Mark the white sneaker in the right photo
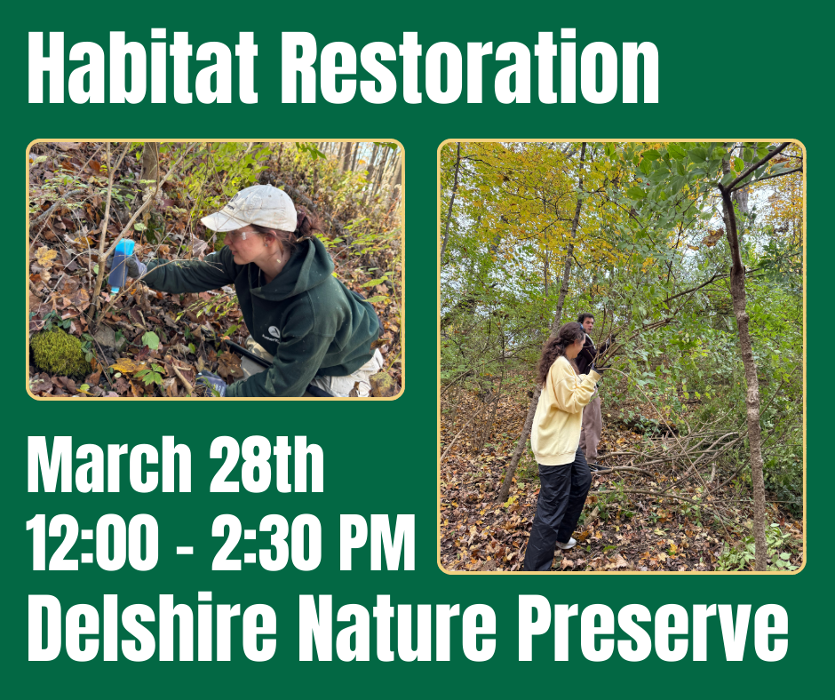pyautogui.click(x=566, y=543)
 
